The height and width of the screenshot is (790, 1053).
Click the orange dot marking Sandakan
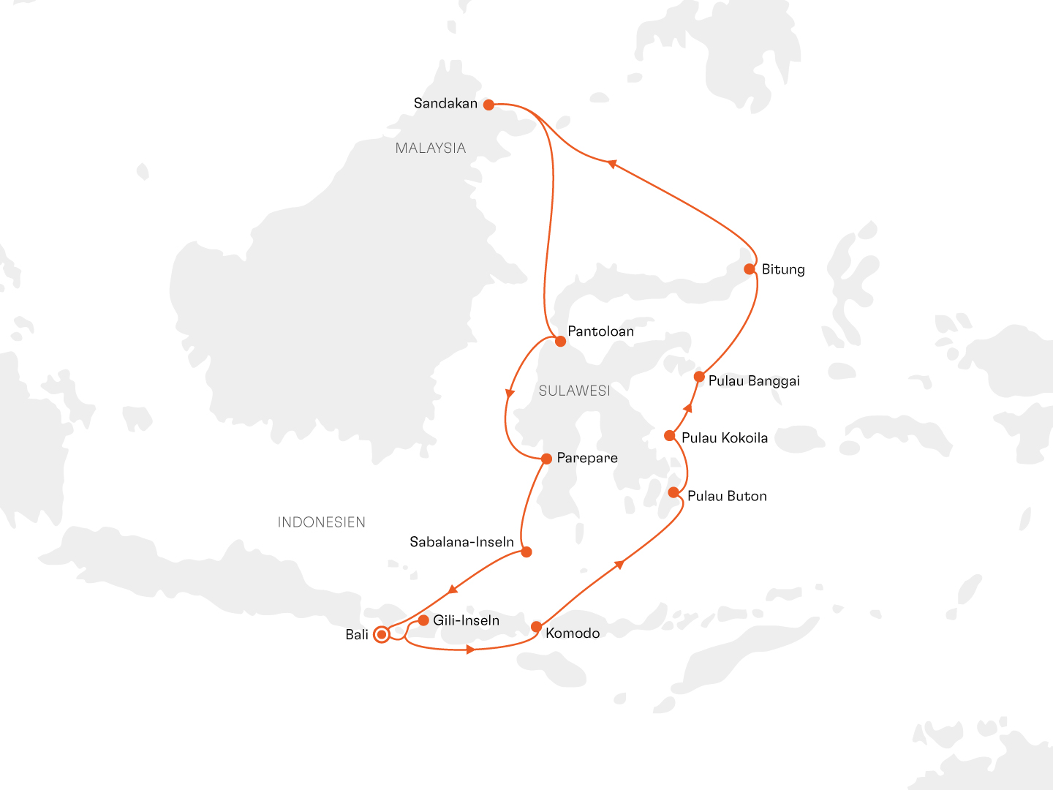click(488, 105)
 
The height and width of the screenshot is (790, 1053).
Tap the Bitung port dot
click(750, 269)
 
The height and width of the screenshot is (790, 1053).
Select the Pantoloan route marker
click(560, 341)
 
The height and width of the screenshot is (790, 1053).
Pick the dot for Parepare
click(546, 459)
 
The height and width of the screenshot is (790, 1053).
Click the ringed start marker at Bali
click(381, 635)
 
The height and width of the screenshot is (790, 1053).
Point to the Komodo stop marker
click(536, 627)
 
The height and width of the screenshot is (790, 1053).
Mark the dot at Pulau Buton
click(673, 492)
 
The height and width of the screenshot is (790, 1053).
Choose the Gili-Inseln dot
click(423, 620)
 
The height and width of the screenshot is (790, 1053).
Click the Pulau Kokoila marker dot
click(669, 436)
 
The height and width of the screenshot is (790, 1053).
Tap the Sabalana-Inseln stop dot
click(526, 552)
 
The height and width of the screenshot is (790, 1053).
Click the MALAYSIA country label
click(430, 148)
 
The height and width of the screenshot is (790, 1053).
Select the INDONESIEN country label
click(321, 522)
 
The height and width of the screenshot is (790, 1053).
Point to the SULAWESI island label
click(574, 391)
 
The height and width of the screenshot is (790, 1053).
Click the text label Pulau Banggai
click(754, 381)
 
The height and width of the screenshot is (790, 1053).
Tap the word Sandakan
click(445, 104)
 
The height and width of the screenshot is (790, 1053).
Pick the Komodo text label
click(573, 633)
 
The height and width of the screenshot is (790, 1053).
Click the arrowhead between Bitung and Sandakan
click(613, 164)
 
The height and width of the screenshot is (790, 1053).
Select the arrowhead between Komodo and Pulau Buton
click(619, 564)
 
